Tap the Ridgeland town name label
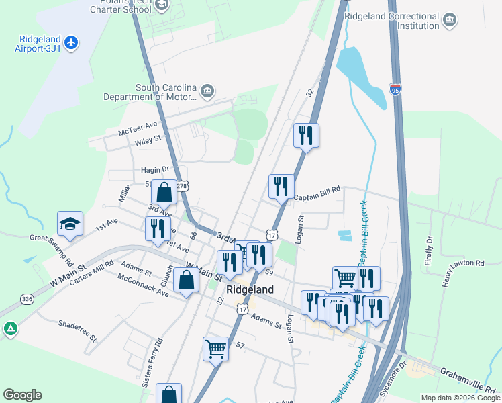tap(250, 289)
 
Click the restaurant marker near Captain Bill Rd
tap(281, 186)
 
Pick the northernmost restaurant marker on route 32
tap(306, 135)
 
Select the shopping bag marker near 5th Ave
tap(164, 193)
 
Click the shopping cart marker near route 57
tap(215, 348)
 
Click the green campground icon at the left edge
tap(10, 329)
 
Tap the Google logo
tap(22, 395)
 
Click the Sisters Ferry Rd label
tap(152, 363)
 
